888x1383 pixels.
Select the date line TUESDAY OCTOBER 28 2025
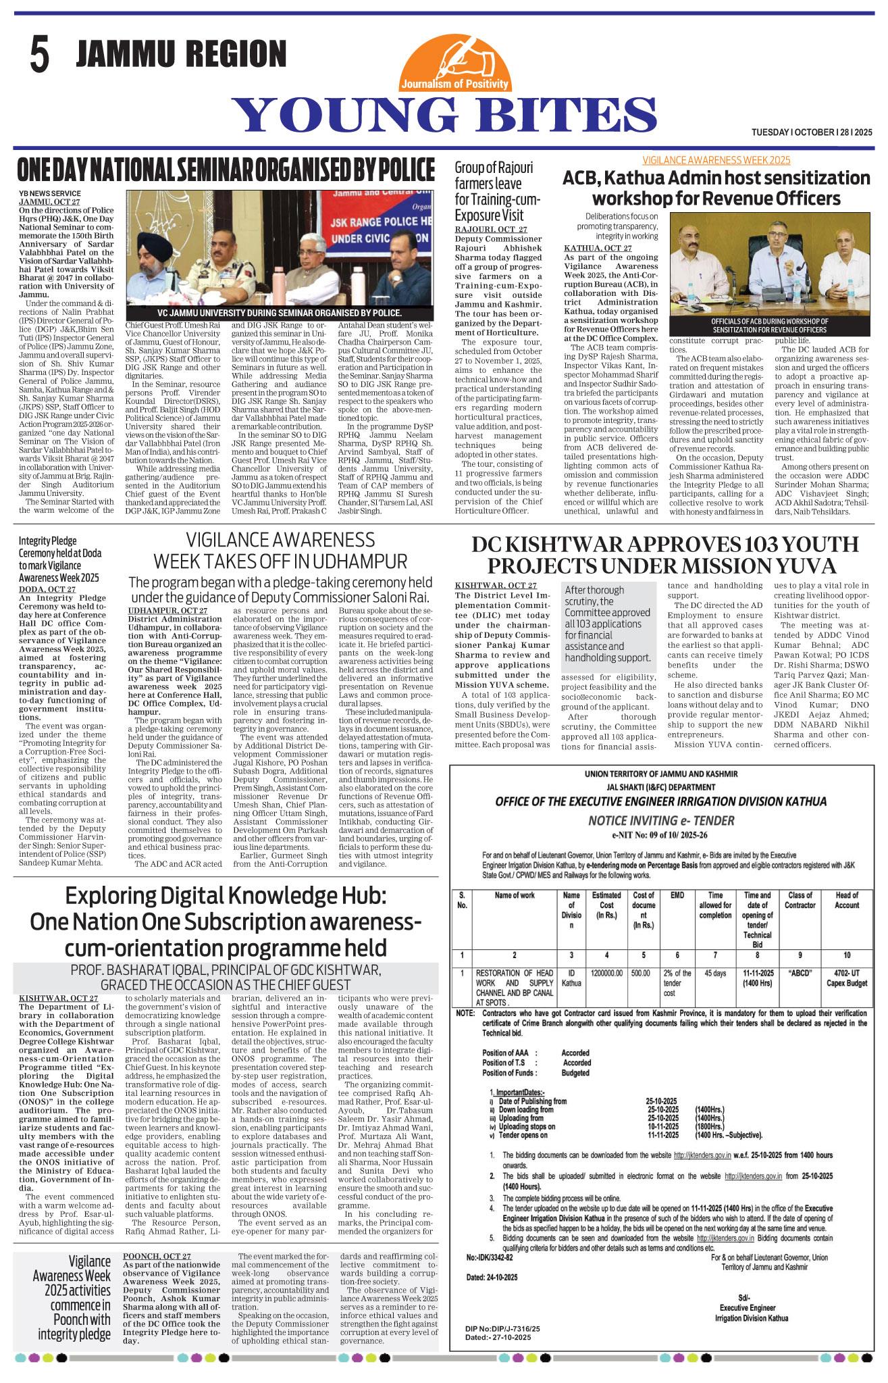[x=812, y=132]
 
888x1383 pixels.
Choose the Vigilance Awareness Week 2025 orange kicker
[x=716, y=160]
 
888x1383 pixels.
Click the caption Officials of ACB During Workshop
[x=768, y=325]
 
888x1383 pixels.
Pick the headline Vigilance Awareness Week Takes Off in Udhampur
[x=280, y=550]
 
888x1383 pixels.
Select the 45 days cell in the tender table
[x=715, y=974]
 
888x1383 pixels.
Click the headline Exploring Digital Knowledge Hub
[x=226, y=922]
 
